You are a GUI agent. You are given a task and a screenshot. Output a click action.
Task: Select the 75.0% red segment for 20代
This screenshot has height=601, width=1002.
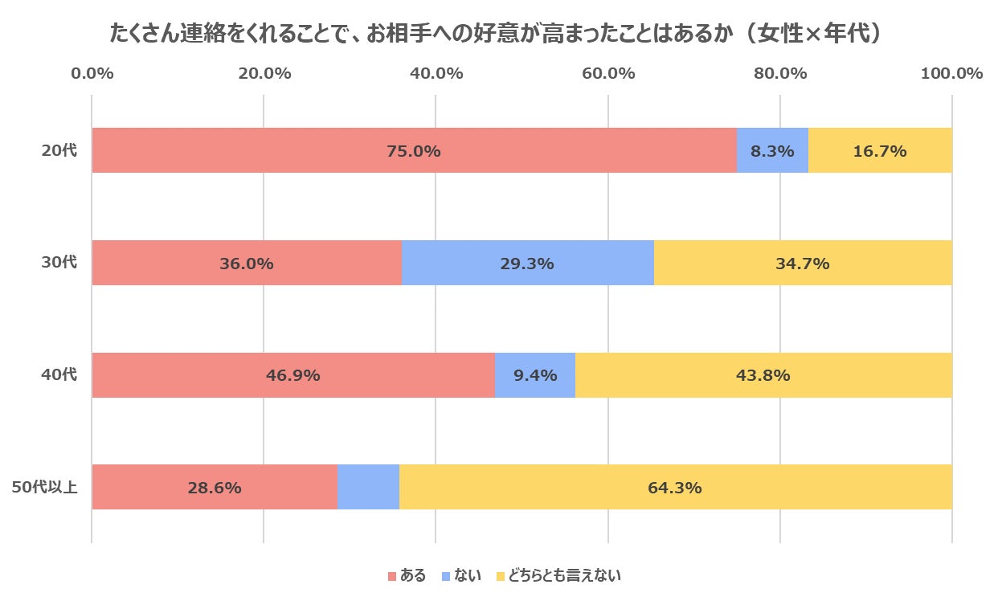click(x=414, y=150)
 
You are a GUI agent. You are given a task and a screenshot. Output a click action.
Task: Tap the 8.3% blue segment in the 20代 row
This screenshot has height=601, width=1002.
click(x=772, y=150)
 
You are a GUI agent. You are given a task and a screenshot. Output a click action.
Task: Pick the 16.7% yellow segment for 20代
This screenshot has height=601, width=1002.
click(x=880, y=150)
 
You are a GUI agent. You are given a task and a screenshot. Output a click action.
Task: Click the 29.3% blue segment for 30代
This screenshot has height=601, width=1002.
click(x=527, y=263)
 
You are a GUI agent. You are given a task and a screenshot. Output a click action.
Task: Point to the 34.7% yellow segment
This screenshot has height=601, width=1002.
click(x=803, y=263)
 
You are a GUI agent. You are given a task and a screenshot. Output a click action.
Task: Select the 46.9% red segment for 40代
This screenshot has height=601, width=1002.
click(x=293, y=375)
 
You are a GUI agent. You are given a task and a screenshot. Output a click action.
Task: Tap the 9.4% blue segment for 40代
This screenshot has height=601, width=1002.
click(x=534, y=375)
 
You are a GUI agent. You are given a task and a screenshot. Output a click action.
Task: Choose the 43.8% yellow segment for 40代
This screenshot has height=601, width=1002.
click(x=763, y=375)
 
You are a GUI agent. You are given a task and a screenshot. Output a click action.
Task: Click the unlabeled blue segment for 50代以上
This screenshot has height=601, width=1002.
click(x=368, y=487)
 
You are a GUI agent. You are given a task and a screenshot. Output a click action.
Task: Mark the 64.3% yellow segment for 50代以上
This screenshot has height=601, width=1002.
click(x=675, y=487)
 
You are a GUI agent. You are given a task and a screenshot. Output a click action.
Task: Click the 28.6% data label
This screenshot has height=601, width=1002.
click(x=215, y=488)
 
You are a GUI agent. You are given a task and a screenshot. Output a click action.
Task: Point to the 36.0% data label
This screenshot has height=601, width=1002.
click(x=247, y=263)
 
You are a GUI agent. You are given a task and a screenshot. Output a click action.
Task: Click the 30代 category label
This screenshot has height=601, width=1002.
click(x=59, y=262)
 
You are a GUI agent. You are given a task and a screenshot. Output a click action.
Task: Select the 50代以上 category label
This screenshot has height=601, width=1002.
click(x=44, y=487)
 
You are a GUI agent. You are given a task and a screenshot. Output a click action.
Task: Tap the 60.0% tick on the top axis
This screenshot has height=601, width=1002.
click(x=608, y=74)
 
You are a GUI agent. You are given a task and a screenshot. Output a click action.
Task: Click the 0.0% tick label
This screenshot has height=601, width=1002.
click(x=92, y=74)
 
